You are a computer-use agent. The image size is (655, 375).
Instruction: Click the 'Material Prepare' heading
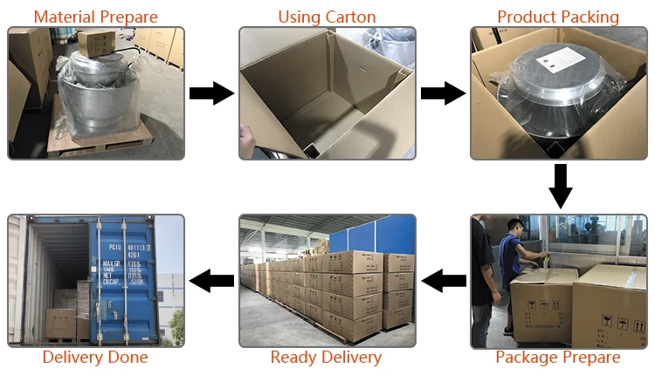pos(96,17)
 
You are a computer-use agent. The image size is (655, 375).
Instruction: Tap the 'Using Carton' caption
pos(327,17)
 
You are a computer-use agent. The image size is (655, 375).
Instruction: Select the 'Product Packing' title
pos(558,17)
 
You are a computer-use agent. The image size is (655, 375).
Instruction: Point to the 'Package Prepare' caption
pos(558,358)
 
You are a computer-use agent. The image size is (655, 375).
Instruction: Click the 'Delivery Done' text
pos(95,358)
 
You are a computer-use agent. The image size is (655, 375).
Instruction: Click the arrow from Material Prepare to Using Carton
pos(212,92)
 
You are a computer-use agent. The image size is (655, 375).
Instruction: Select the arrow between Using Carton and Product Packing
pos(443,92)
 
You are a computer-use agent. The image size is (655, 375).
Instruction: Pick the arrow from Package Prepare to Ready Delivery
pos(444,280)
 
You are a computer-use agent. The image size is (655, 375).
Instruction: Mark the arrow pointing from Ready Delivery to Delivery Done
pos(212,280)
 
